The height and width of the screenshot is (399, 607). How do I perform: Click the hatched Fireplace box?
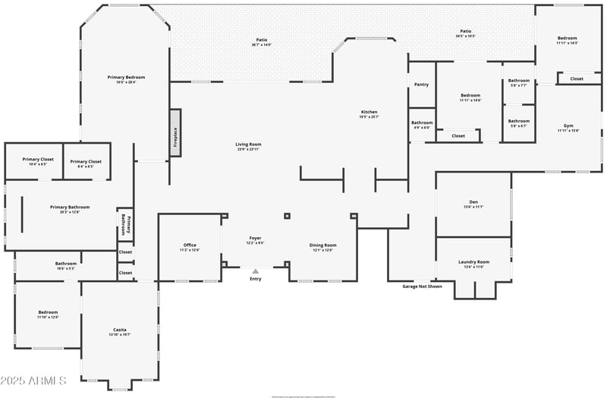pos(175,133)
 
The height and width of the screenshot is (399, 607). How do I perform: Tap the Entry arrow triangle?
pos(256,271)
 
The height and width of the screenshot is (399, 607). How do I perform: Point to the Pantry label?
pos(421,84)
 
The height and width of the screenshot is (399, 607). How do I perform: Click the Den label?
pos(473,204)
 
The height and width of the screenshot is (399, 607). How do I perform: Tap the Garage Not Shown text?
pos(422,287)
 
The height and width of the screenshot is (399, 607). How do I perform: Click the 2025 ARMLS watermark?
pos(34,380)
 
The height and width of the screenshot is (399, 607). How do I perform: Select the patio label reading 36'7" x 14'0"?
pos(261,42)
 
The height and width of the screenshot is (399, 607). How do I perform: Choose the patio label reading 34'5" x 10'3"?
pos(465,34)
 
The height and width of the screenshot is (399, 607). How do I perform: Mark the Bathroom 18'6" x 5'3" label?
pos(65,265)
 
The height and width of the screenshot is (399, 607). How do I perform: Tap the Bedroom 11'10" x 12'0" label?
pos(48,314)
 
